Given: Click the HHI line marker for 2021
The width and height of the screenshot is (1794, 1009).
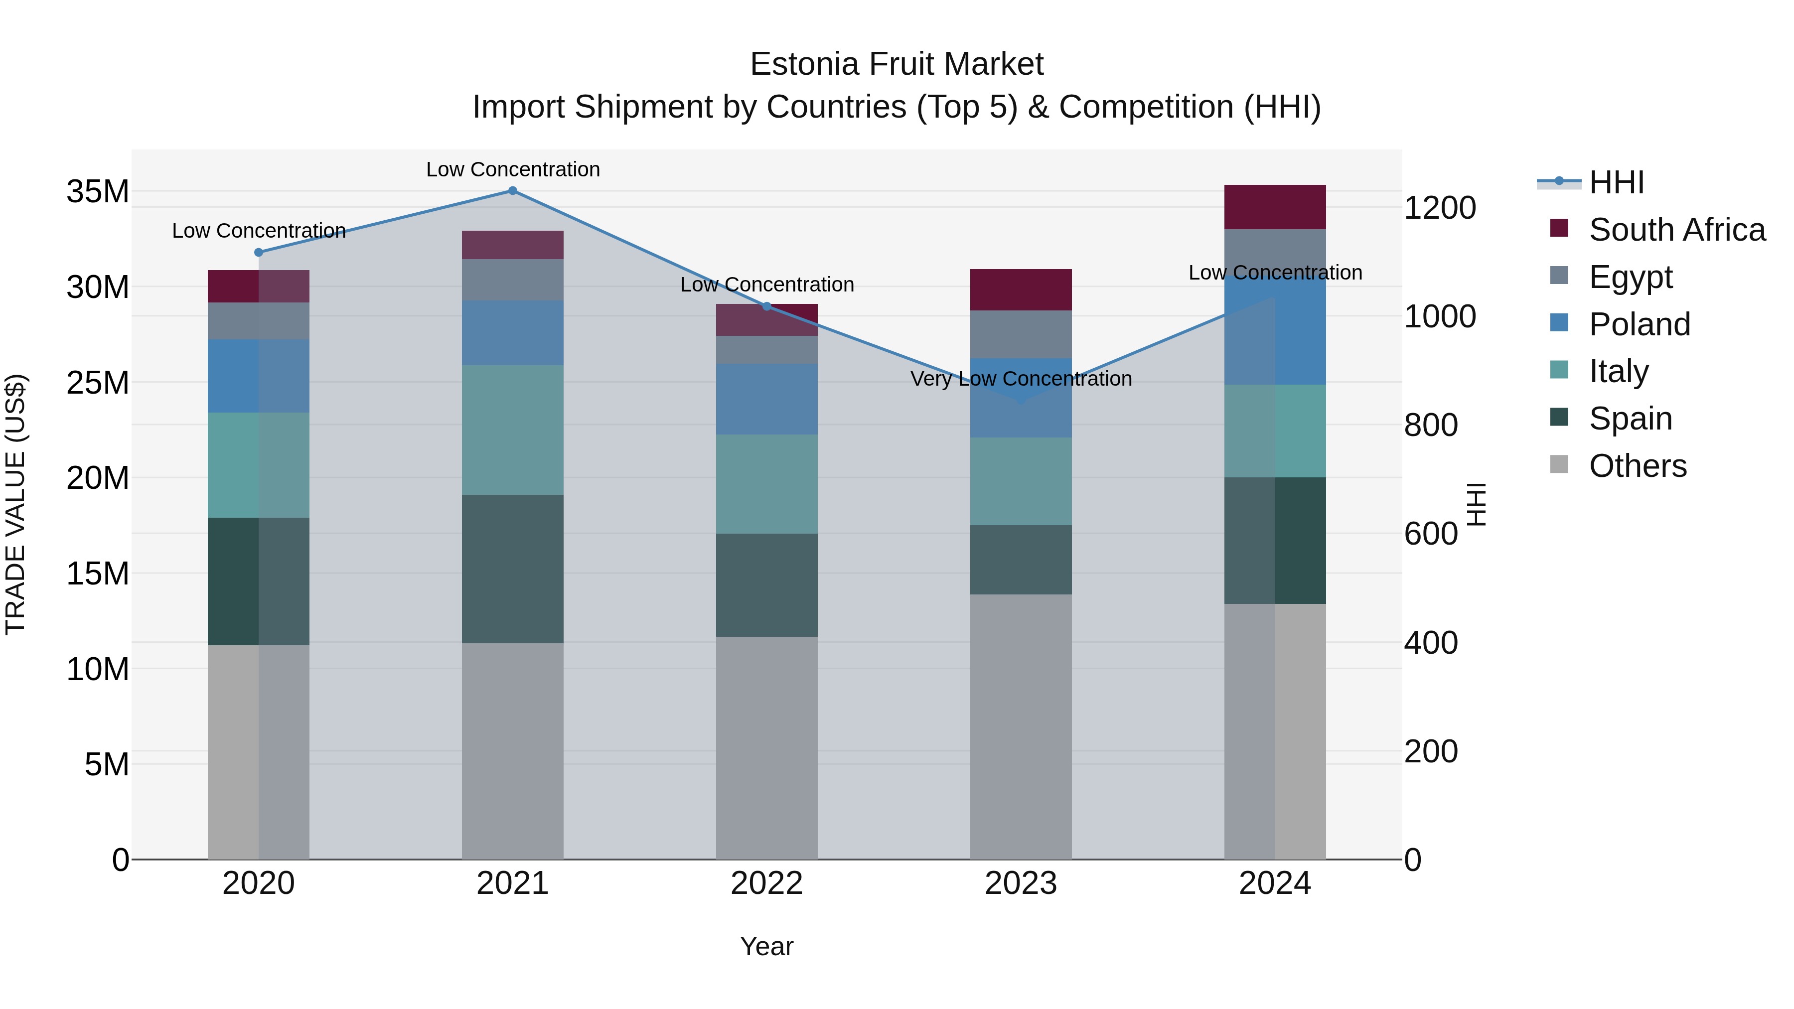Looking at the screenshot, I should pyautogui.click(x=513, y=191).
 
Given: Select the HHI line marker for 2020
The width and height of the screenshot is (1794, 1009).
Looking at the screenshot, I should pyautogui.click(x=258, y=253).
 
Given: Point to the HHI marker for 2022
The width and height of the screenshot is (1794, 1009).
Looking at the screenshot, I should pyautogui.click(x=767, y=306).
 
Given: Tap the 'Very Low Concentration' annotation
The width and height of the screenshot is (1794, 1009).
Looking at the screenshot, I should pyautogui.click(x=1021, y=380).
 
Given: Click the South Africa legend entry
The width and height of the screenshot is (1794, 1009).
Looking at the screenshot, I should pyautogui.click(x=1676, y=230).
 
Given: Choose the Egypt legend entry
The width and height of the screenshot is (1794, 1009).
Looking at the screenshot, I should pyautogui.click(x=1630, y=277).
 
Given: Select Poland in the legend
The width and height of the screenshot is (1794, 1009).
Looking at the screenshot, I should pyautogui.click(x=1639, y=324).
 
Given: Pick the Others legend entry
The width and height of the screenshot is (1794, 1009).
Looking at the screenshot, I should pyautogui.click(x=1638, y=466).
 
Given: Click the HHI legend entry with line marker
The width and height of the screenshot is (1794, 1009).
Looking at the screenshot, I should pyautogui.click(x=1616, y=182).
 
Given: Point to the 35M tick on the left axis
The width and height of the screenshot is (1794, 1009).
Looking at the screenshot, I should pyautogui.click(x=98, y=191).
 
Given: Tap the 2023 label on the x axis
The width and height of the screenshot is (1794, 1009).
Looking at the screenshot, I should pyautogui.click(x=1021, y=883).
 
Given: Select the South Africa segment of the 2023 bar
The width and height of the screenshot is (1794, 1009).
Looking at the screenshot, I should pyautogui.click(x=1021, y=289).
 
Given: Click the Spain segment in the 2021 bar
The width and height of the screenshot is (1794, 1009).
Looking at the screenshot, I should pyautogui.click(x=513, y=569).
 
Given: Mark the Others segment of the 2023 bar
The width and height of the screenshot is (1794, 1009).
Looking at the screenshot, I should pyautogui.click(x=1021, y=726).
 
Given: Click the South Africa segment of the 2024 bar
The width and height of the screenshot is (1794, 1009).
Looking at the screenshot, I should pyautogui.click(x=1275, y=207).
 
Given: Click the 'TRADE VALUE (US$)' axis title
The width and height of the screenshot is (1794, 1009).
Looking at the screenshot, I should pyautogui.click(x=15, y=504).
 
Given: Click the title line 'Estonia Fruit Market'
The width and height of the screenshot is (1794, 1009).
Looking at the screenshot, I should pyautogui.click(x=897, y=65).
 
